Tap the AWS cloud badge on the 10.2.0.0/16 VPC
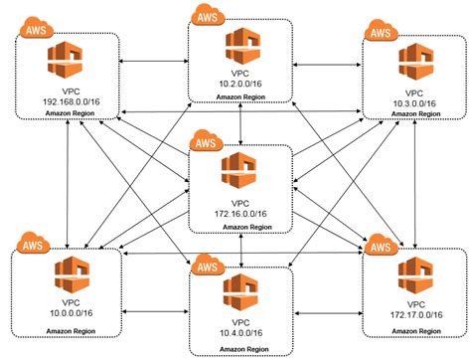[x=207, y=16]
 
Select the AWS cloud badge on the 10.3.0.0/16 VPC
[x=381, y=33]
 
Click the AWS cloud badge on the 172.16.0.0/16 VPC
[x=207, y=142]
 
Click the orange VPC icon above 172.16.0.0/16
[x=241, y=170]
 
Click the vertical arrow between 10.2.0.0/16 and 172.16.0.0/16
[x=241, y=124]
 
